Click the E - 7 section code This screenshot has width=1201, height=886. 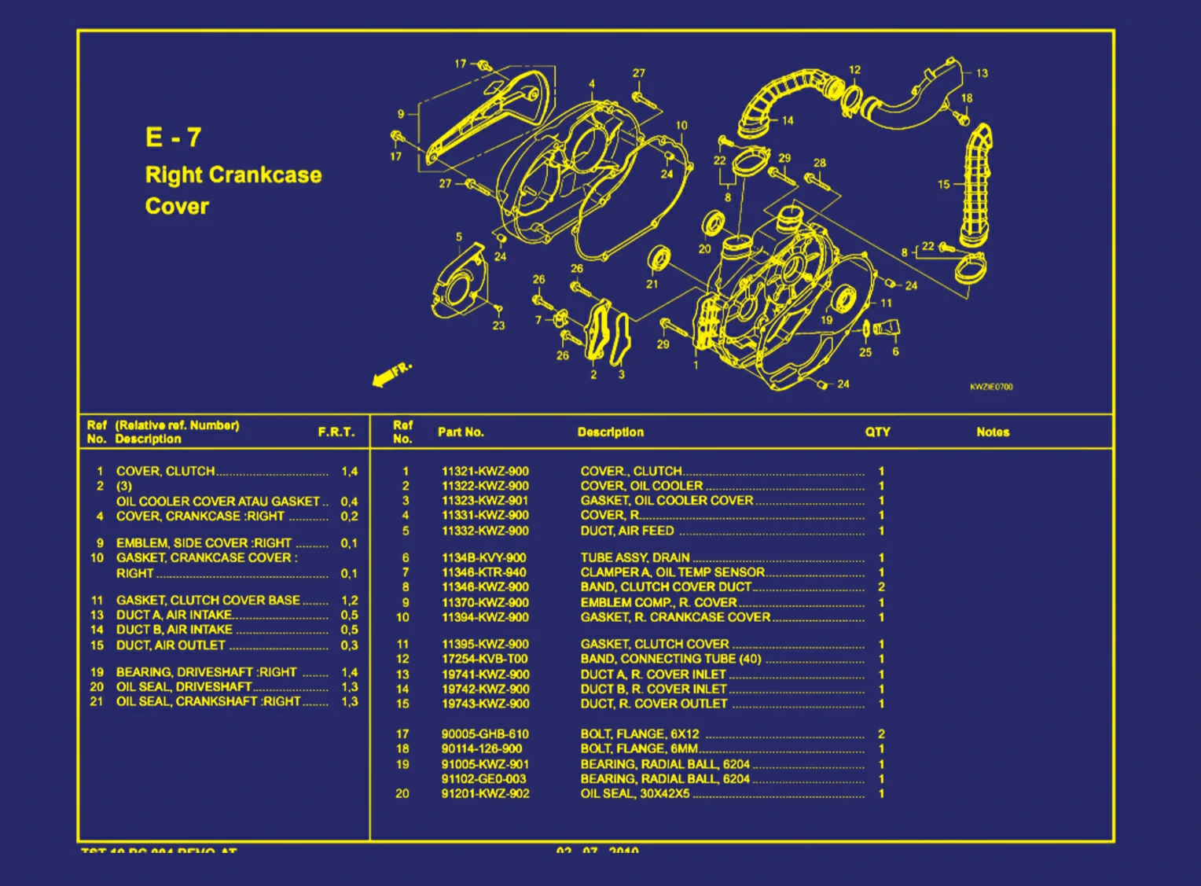[x=174, y=138]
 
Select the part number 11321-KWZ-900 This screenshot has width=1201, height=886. [x=485, y=472]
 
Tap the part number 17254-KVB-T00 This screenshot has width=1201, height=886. [x=484, y=659]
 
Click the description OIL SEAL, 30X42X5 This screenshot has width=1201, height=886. [x=635, y=794]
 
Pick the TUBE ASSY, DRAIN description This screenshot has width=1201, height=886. [x=635, y=557]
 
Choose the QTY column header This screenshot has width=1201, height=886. [x=878, y=432]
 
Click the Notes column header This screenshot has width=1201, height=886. [x=993, y=432]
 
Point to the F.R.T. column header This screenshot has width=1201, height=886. [x=336, y=432]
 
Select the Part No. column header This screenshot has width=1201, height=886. [x=461, y=432]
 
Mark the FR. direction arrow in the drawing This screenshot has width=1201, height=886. [x=391, y=374]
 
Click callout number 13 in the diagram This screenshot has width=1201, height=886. [x=982, y=73]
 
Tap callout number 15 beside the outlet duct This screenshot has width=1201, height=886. [x=943, y=185]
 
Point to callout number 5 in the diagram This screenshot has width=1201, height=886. [x=459, y=237]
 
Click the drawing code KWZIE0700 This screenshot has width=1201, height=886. [x=991, y=387]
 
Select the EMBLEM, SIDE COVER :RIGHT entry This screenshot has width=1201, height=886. [x=204, y=543]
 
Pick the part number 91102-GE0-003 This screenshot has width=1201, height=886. [x=484, y=779]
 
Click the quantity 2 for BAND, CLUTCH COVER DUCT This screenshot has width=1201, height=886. [x=881, y=587]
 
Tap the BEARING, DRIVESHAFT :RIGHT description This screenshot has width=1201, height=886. [x=206, y=672]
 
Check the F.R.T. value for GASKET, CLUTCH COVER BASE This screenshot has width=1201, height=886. [x=349, y=601]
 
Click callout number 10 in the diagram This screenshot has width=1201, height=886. [x=681, y=125]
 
